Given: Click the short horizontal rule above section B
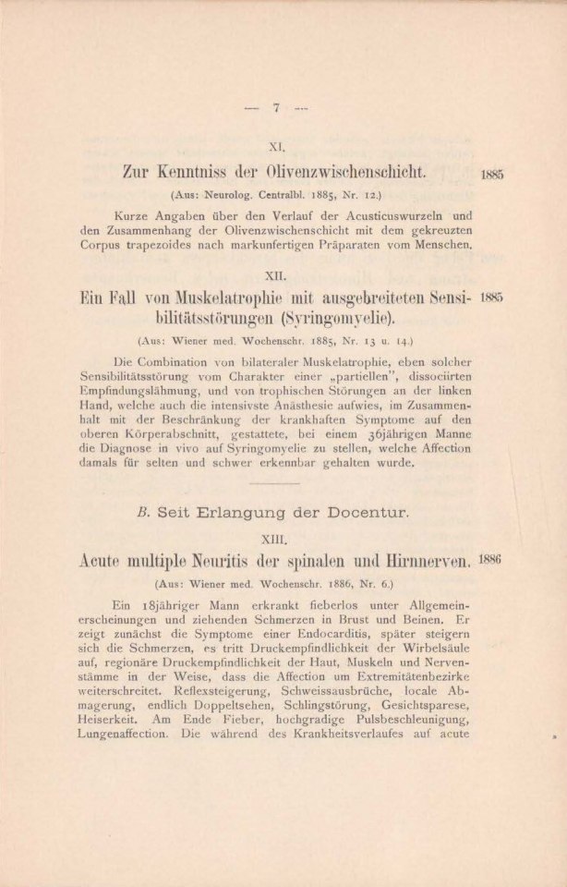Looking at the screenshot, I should click(274, 482).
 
